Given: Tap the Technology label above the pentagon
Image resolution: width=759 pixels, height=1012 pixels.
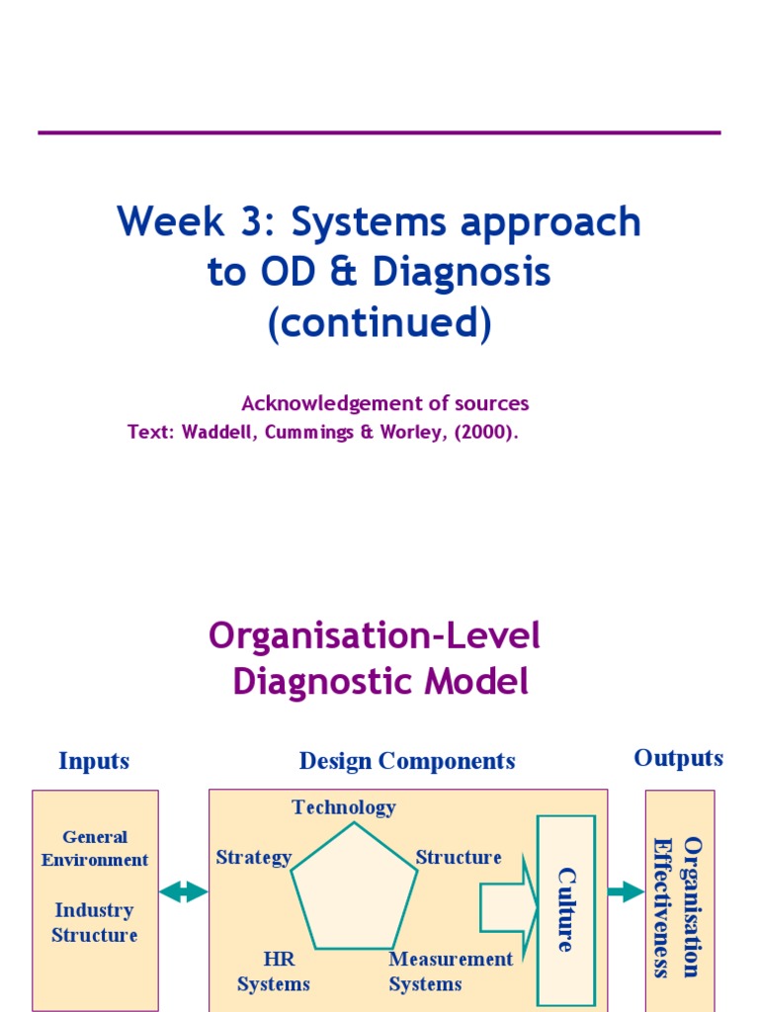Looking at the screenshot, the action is coord(343,807).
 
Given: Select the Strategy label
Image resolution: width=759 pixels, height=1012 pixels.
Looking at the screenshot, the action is coord(254,857).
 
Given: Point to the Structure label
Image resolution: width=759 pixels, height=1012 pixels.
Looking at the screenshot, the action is coord(458,857).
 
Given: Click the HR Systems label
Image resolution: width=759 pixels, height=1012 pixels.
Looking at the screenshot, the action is coord(274,970).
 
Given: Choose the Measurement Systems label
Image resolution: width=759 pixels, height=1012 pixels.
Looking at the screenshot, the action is coord(451,970).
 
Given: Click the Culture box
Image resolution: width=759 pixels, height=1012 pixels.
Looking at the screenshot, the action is coord(565,909).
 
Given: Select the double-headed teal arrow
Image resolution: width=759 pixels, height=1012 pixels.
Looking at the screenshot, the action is coord(183,892).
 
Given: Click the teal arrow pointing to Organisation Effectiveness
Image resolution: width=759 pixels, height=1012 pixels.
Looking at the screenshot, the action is coord(625,892).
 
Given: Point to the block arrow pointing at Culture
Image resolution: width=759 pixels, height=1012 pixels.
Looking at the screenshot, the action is coord(506,906).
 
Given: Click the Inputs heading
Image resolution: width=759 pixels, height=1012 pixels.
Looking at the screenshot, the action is coord(94,761).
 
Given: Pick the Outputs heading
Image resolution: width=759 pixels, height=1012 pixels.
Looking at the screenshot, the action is coord(678,758).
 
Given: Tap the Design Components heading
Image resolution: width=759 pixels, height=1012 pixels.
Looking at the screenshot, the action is coord(407,761).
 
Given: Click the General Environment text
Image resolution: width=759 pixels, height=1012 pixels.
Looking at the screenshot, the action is coord(95,848).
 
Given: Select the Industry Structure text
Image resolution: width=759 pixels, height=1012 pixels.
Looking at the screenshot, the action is coord(95,922).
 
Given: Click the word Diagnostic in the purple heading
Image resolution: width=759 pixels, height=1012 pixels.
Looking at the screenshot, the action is coord(380,682).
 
